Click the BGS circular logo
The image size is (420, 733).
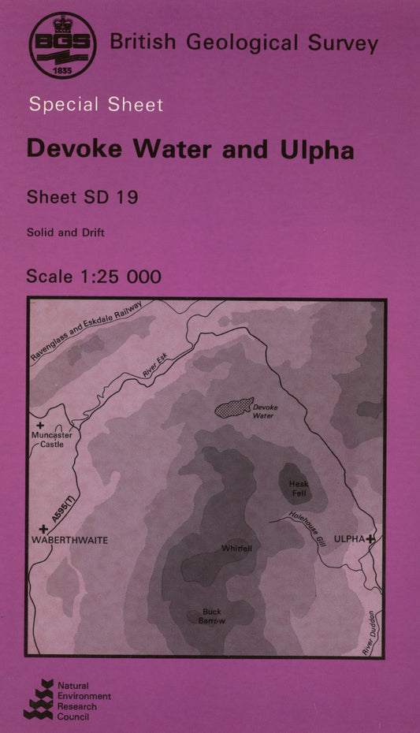[62, 45]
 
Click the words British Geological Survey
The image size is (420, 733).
[243, 43]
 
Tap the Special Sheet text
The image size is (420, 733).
[95, 105]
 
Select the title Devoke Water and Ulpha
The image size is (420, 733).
[190, 149]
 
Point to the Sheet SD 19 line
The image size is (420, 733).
[83, 197]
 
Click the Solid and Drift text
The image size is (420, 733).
[65, 233]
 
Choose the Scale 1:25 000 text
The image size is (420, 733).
[94, 276]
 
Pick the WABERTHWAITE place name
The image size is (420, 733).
[69, 540]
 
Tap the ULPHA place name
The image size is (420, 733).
[349, 538]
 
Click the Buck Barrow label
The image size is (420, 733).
[212, 616]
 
